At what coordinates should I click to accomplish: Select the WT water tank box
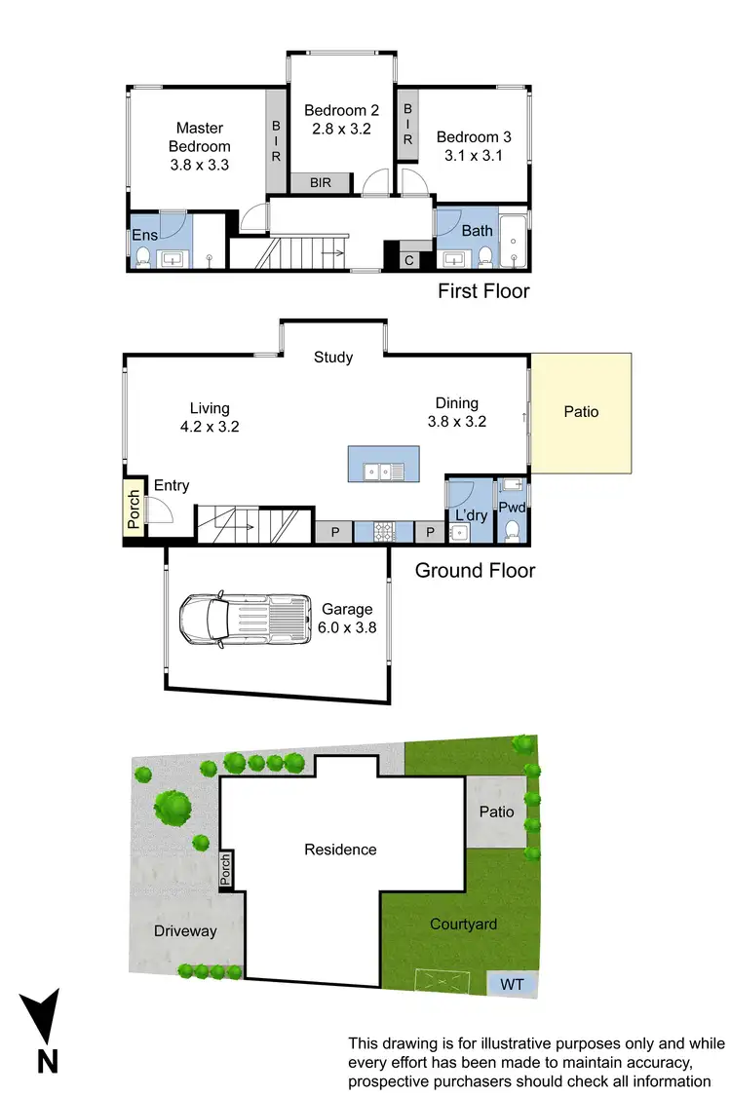(512, 984)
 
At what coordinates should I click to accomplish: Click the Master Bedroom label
(199, 137)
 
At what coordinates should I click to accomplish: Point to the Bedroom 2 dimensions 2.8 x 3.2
(340, 129)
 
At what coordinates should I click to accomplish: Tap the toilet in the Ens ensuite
(143, 257)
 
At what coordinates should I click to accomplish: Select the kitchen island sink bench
(384, 465)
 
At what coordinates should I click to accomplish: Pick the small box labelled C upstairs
(409, 260)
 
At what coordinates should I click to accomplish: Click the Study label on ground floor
(333, 358)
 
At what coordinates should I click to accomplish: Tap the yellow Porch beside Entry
(134, 508)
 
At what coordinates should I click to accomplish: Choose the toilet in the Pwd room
(512, 529)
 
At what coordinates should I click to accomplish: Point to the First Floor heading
(483, 290)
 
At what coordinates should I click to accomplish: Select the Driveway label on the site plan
(185, 931)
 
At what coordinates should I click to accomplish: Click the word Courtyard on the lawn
(463, 924)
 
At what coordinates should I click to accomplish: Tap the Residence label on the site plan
(340, 850)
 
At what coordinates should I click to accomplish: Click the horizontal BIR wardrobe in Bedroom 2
(321, 182)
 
